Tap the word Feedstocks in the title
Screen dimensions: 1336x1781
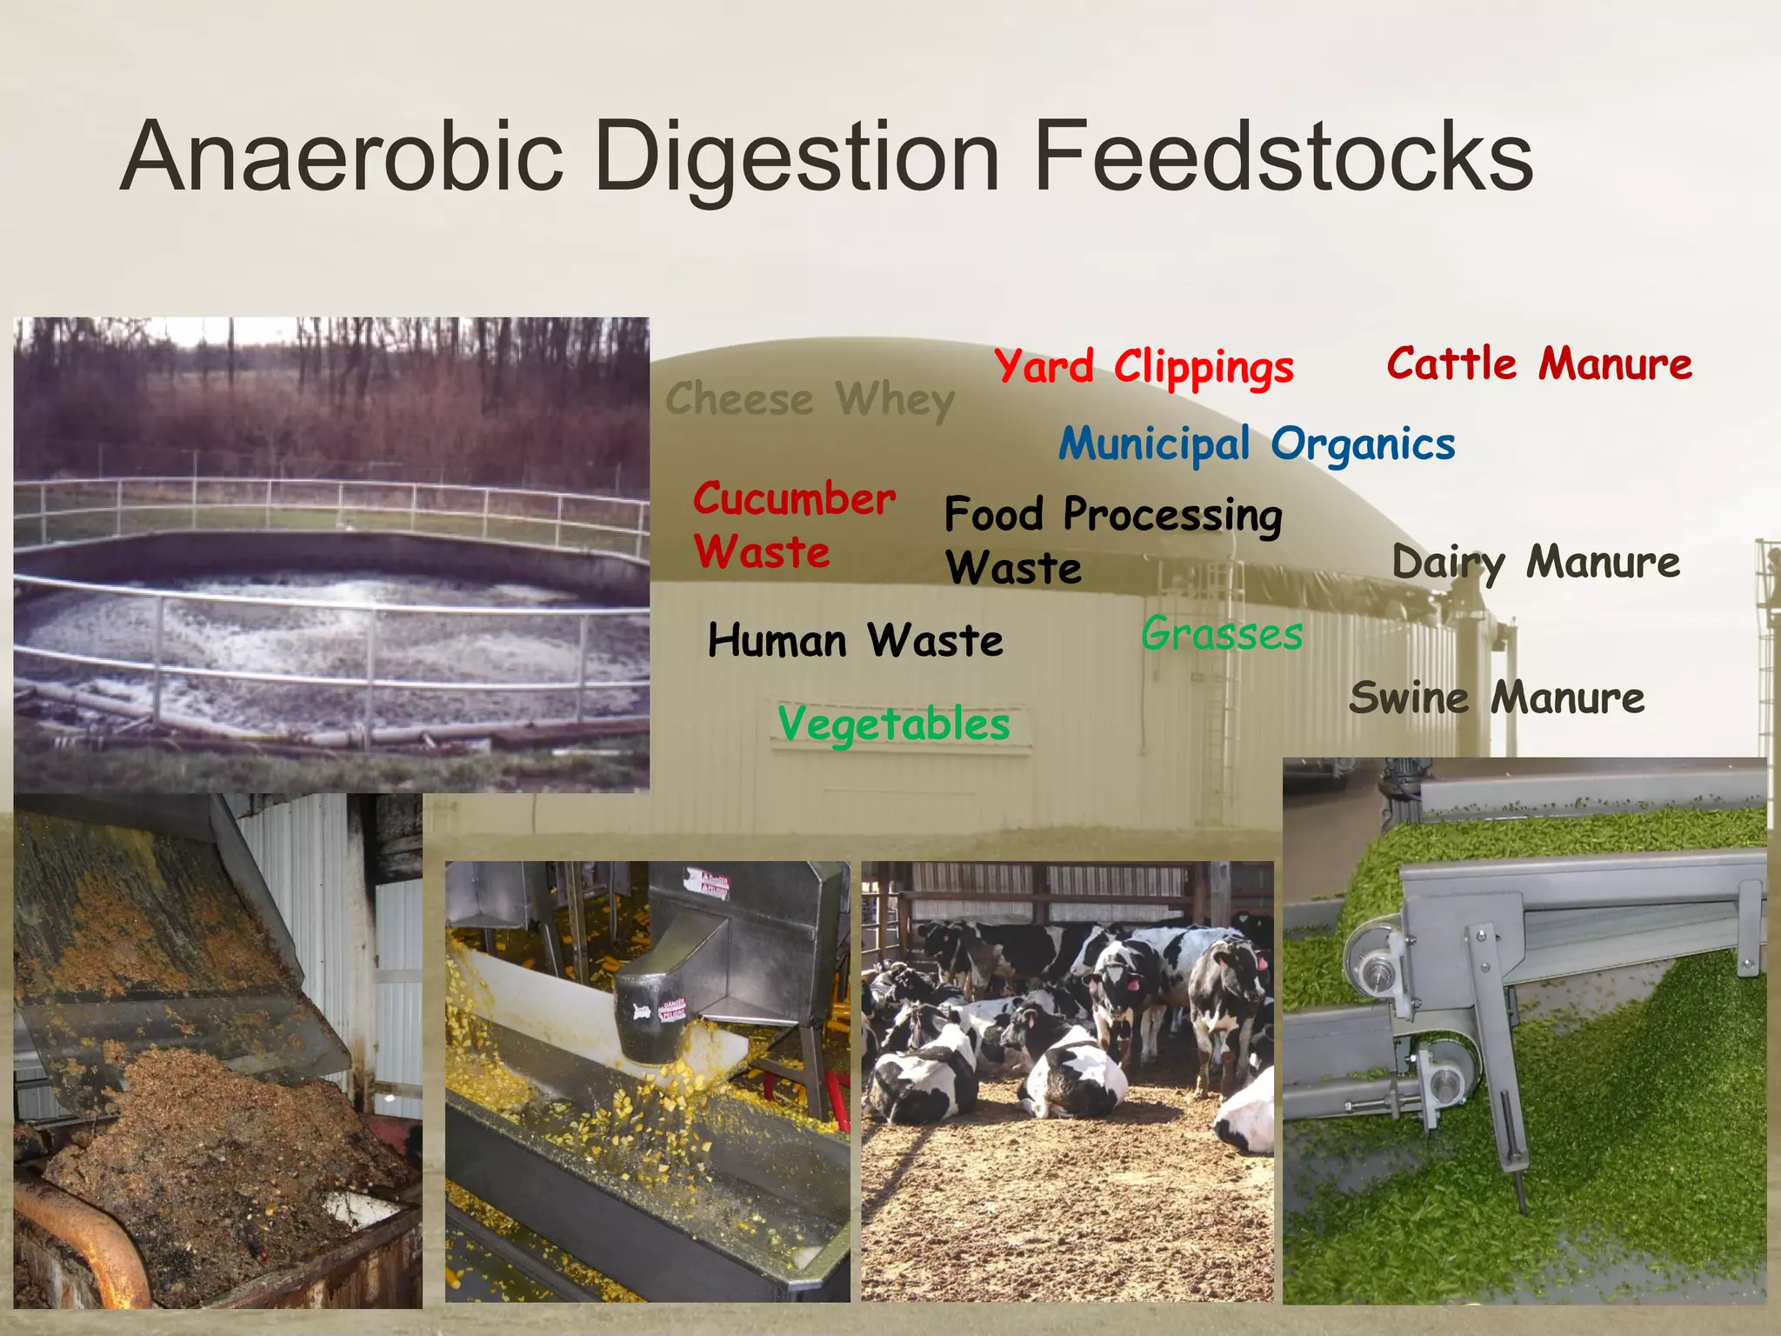[1283, 157]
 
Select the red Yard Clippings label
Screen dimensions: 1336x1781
[1144, 367]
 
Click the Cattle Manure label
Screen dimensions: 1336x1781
[1539, 364]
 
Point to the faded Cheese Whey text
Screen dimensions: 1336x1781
[810, 400]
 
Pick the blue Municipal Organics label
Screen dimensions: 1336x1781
[1257, 444]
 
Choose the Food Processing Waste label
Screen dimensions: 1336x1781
[1112, 539]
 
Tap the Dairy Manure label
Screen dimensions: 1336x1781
[1536, 563]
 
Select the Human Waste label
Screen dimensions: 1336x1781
[855, 641]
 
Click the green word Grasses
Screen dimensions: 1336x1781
[1222, 633]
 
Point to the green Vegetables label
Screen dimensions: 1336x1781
[894, 725]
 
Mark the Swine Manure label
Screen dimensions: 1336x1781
[1497, 698]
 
